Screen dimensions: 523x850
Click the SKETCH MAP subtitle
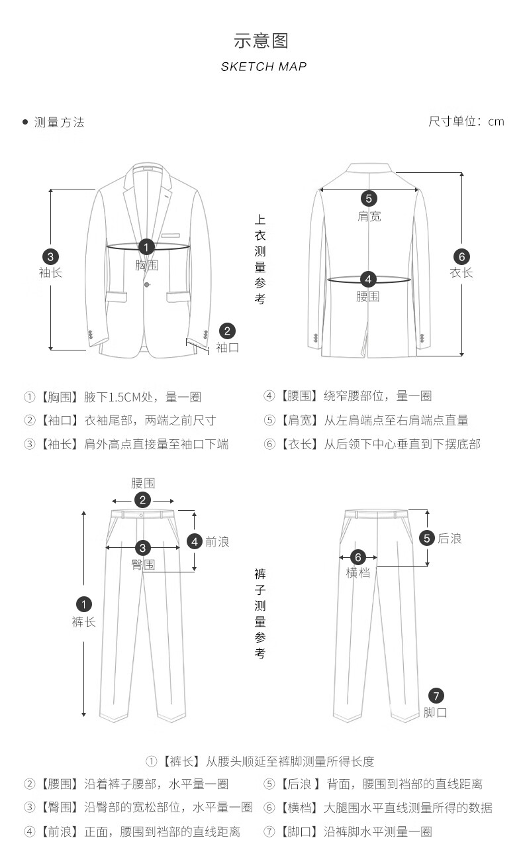pos(263,66)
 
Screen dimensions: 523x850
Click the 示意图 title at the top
pos(261,41)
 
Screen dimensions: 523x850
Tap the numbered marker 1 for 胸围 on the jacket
pos(146,247)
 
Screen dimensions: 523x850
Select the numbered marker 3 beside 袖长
pos(50,256)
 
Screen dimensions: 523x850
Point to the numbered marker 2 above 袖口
pos(227,331)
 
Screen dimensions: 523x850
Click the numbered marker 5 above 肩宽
pos(369,198)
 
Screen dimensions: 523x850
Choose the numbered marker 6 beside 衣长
pos(461,256)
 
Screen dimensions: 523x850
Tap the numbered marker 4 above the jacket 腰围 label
pos(368,280)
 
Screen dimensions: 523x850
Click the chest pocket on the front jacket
pos(169,234)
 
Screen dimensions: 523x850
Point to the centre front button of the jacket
pos(147,284)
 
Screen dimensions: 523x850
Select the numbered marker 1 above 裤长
pos(84,604)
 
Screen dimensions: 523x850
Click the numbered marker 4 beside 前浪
pos(195,541)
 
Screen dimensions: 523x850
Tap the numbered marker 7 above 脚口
pos(436,696)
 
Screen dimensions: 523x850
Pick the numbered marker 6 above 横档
pos(357,557)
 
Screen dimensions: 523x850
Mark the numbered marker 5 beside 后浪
pos(427,538)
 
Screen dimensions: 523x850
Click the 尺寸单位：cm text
pos(466,121)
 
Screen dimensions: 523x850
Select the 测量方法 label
pos(59,123)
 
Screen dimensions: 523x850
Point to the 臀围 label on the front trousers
pos(143,564)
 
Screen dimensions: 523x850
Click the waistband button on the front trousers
pos(142,515)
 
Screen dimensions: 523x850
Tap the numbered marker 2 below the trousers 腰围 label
pos(142,500)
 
